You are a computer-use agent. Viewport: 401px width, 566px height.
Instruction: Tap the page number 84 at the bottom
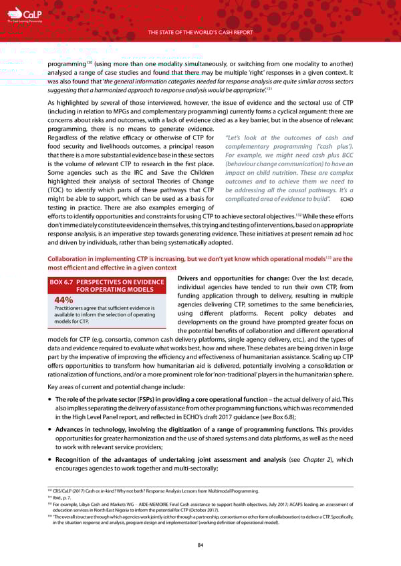click(x=200, y=545)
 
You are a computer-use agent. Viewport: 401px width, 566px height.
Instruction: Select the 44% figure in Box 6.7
click(x=64, y=299)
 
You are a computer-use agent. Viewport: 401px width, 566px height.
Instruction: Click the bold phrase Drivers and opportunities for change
click(x=224, y=278)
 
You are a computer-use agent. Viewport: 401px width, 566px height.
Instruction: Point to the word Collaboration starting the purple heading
click(x=66, y=259)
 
